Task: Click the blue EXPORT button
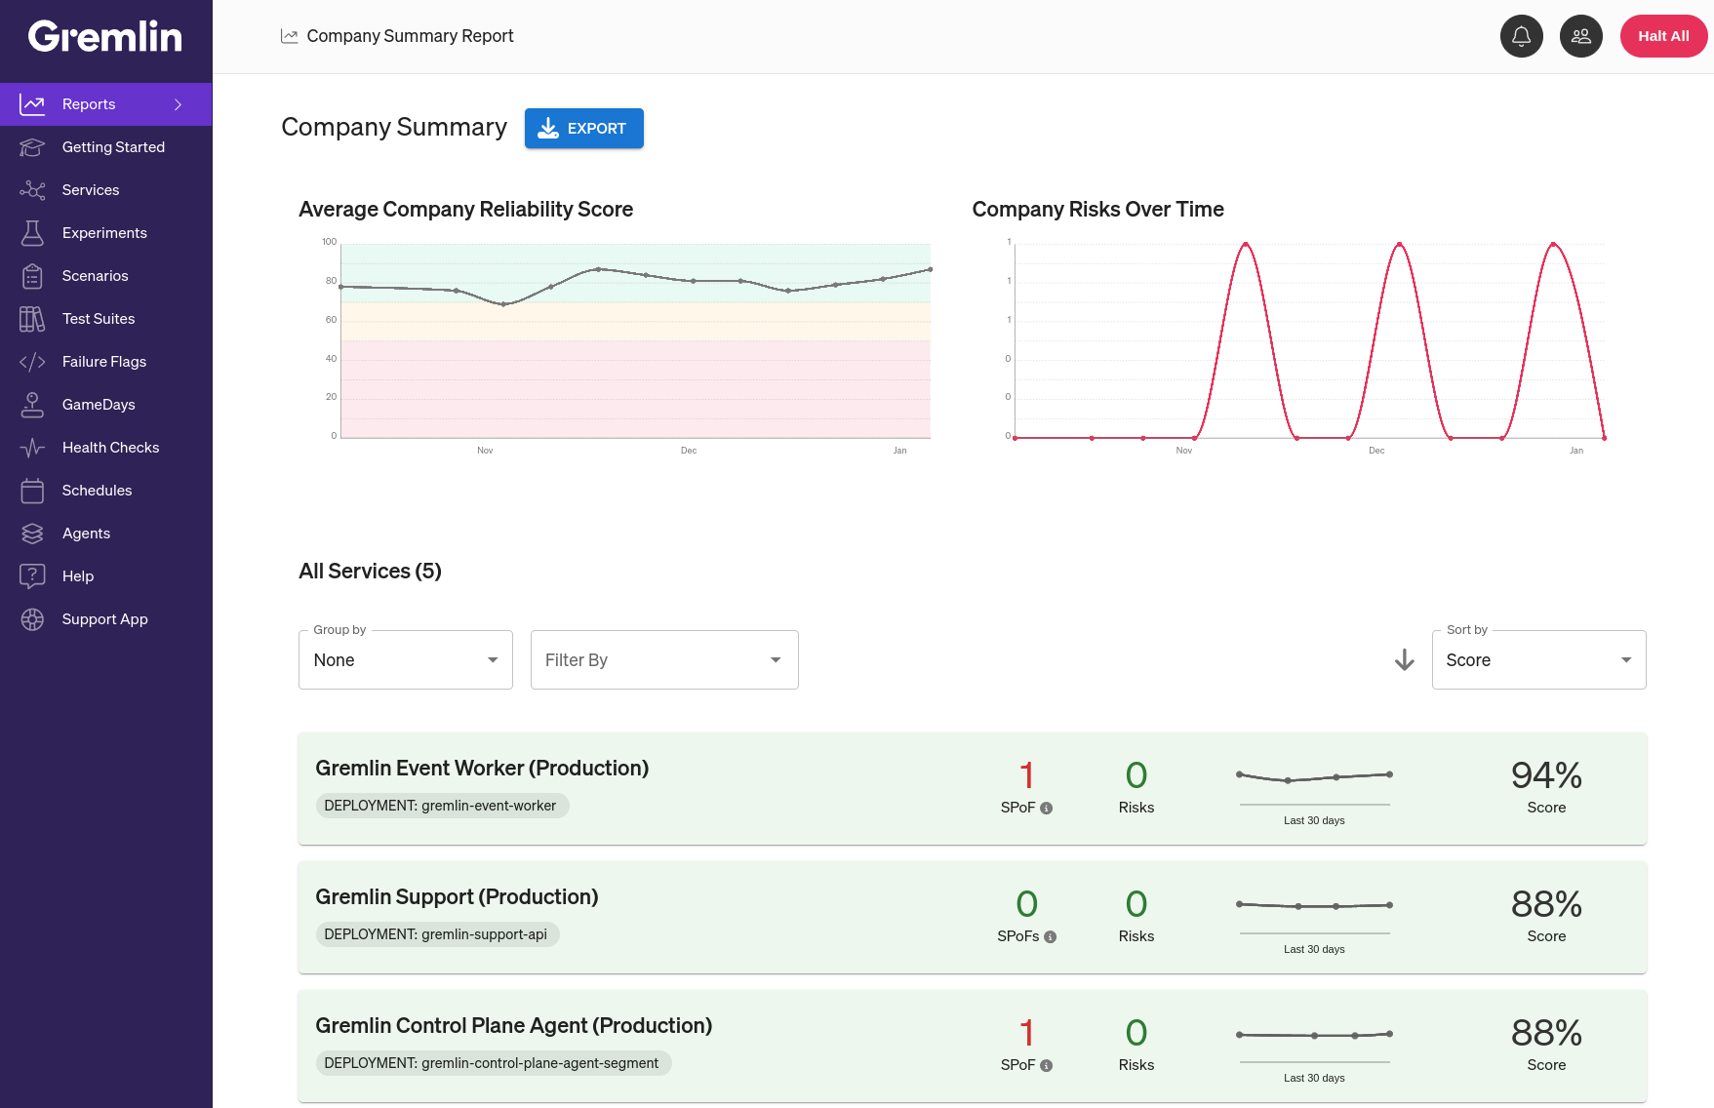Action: [583, 129]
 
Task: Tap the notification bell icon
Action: [1521, 36]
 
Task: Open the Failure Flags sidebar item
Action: [104, 362]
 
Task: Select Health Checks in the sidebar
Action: [110, 448]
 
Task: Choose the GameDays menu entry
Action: [99, 405]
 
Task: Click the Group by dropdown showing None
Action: [405, 660]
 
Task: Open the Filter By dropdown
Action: [663, 660]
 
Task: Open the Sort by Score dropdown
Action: [1537, 660]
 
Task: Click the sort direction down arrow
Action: [1404, 660]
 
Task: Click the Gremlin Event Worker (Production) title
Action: [482, 769]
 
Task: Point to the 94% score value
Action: [1546, 775]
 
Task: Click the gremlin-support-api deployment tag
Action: [437, 934]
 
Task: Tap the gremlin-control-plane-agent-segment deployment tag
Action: [493, 1063]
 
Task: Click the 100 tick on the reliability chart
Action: [330, 242]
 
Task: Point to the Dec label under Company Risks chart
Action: [1376, 451]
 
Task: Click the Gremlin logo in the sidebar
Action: [105, 37]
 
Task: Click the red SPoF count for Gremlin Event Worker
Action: [1026, 775]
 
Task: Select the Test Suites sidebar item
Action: [99, 319]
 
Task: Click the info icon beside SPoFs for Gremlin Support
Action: [1051, 937]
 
